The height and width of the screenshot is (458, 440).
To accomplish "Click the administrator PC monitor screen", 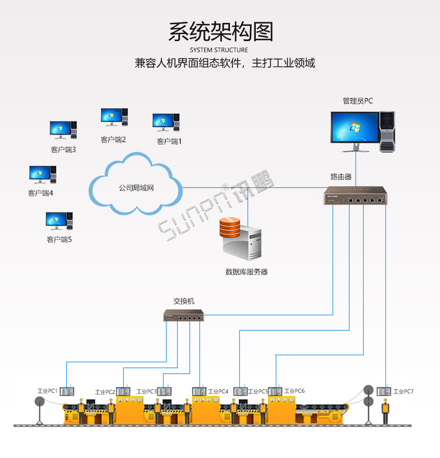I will point(354,127).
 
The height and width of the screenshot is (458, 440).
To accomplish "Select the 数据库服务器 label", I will point(246,272).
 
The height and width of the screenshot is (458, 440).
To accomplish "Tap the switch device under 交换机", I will point(183,316).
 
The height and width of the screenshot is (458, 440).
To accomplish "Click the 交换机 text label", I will point(184,301).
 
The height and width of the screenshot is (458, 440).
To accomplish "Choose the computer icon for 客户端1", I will point(165,122).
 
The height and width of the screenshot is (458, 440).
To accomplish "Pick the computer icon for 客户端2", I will point(113,116).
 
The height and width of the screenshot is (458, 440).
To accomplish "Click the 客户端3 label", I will point(63,150).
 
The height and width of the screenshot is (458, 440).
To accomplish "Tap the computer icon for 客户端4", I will point(43,174).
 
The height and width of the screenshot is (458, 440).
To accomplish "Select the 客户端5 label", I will point(59,240).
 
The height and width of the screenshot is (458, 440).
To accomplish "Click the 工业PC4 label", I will point(218,391).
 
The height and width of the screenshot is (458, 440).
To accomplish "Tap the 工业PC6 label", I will point(295,391).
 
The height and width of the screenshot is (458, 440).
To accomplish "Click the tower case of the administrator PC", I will point(387,131).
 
